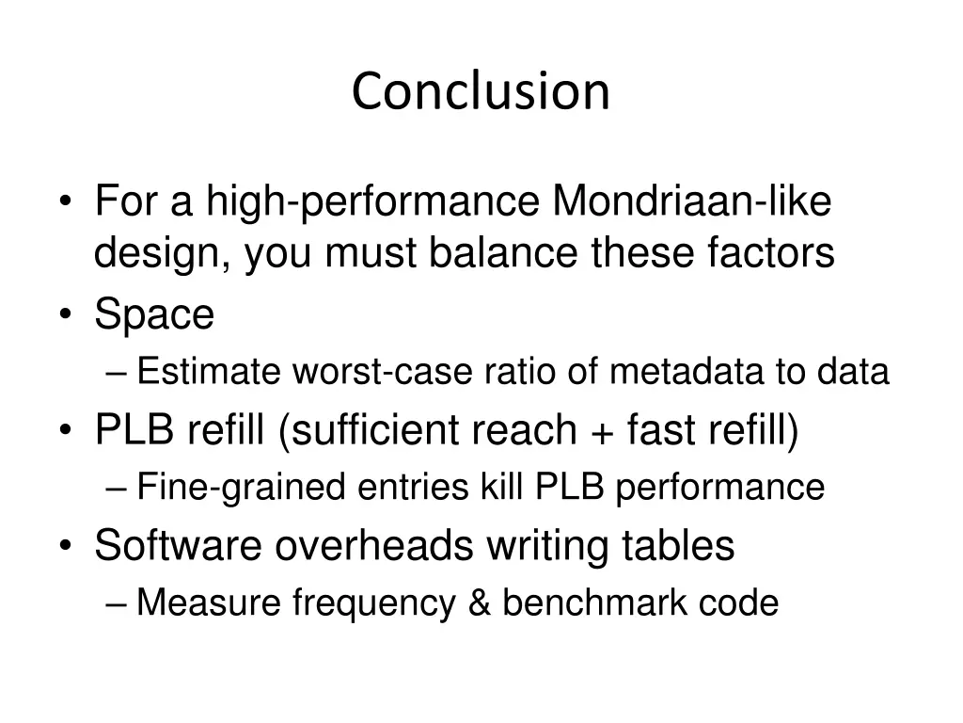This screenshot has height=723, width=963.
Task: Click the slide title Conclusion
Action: tap(481, 91)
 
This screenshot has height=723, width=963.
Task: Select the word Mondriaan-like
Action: tap(692, 201)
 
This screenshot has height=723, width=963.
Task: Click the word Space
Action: tap(154, 315)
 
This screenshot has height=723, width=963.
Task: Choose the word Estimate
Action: tap(209, 373)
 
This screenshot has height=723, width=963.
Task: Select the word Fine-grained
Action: tap(237, 488)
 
